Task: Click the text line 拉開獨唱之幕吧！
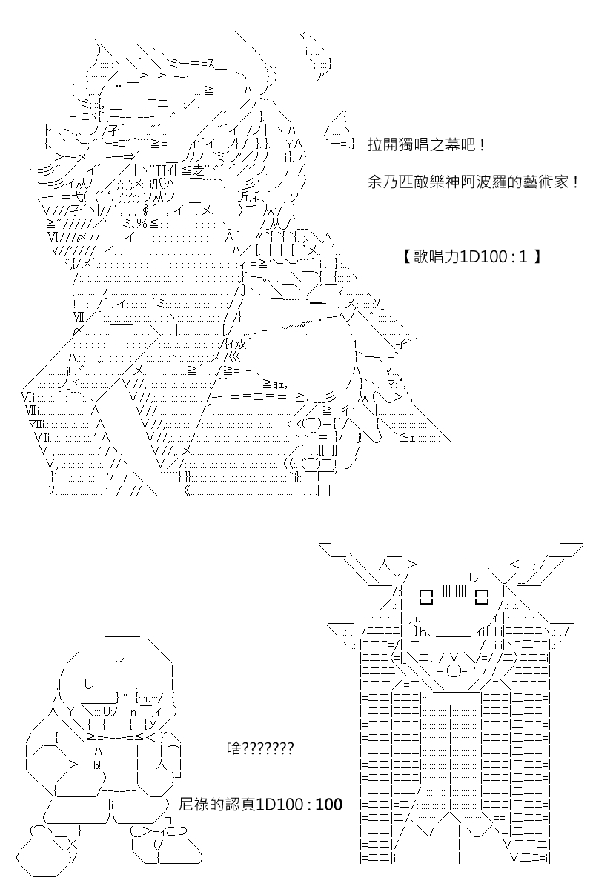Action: pos(427,145)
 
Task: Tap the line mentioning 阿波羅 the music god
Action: pos(473,182)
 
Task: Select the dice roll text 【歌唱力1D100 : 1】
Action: pos(471,257)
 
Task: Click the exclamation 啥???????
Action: pos(260,748)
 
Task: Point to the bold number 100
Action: pos(328,805)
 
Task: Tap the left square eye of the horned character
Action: pos(425,596)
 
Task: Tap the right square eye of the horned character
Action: pos(481,596)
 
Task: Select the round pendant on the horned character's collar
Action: pos(454,671)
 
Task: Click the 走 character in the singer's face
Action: pos(199,171)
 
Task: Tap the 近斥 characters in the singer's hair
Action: pos(248,197)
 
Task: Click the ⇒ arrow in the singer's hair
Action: pos(130,156)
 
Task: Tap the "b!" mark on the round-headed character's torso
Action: pos(98,765)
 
